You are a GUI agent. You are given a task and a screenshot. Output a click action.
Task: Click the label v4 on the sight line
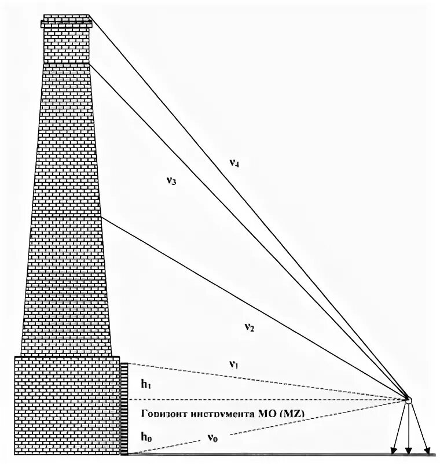234,163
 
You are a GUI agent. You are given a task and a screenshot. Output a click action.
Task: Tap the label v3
171,181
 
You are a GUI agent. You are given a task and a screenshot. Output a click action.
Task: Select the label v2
250,327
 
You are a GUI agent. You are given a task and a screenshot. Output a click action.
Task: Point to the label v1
233,364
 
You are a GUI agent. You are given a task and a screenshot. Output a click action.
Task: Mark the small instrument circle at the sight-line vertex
409,399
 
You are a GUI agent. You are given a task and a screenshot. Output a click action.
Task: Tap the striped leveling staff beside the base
124,408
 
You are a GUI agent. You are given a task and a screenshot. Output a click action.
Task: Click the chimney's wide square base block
67,405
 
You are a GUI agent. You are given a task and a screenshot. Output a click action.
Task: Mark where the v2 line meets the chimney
102,216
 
